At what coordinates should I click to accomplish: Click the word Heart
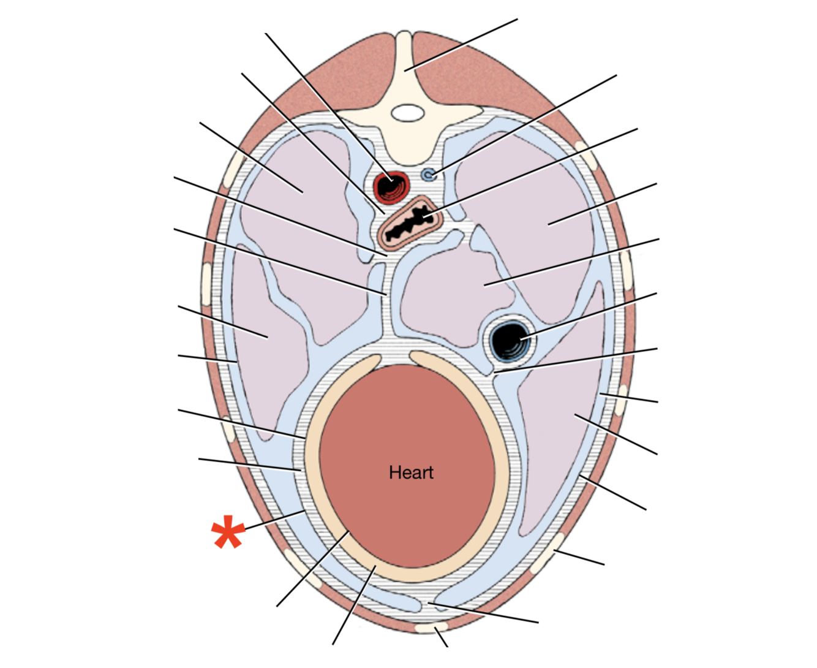[411, 473]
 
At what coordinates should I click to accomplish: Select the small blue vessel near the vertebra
[429, 175]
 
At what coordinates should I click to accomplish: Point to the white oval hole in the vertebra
[407, 113]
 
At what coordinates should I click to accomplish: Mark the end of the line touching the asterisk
[304, 510]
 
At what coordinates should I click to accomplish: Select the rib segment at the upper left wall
[233, 165]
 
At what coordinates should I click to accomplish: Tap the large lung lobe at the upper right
[533, 208]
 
